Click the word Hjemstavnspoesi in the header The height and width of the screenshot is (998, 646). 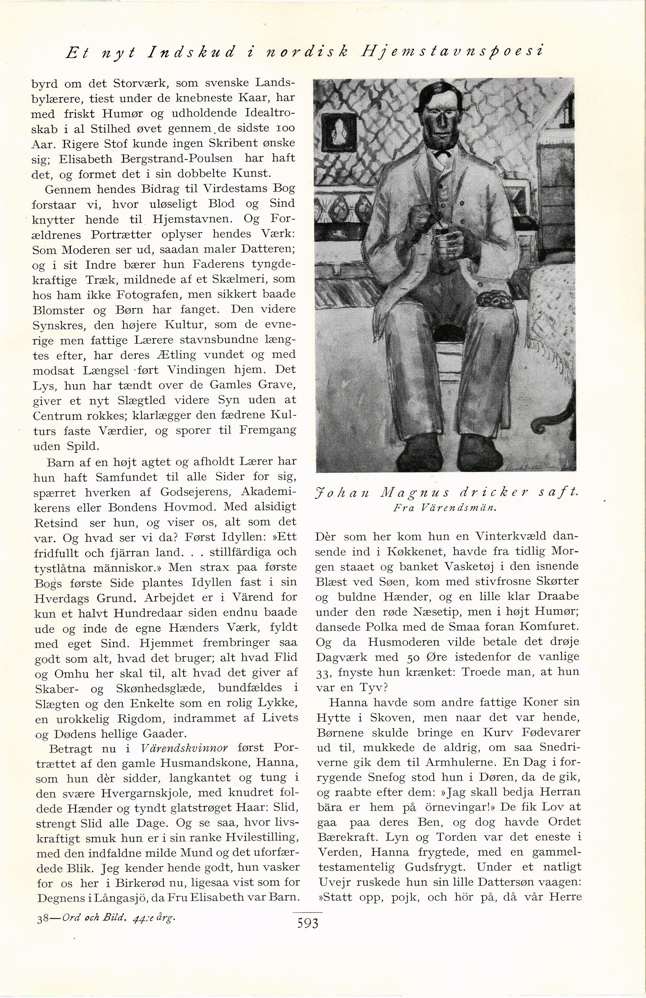pos(452,52)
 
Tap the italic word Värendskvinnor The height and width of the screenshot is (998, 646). pos(185,748)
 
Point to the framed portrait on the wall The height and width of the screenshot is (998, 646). pos(338,133)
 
